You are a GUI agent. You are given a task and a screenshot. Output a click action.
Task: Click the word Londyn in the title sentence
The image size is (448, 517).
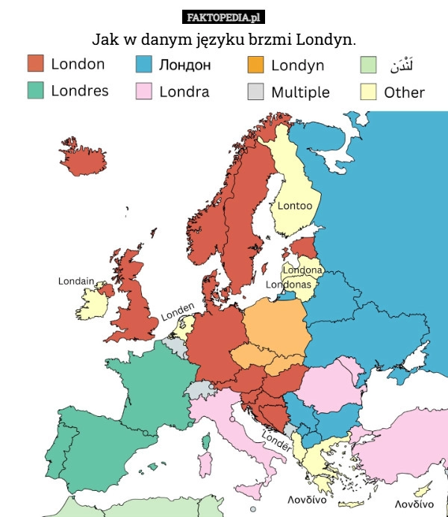pos(325,38)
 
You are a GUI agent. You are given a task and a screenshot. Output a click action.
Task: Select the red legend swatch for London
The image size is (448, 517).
pos(36,64)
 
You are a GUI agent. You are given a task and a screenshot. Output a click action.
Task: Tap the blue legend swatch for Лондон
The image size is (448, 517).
pos(144,64)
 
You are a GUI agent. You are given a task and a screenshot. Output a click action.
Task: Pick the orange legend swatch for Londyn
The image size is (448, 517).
pos(255,64)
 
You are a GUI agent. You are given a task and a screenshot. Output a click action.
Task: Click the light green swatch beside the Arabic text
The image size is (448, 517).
pos(368,64)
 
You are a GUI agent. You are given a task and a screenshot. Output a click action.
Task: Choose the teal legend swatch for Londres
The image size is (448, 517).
pos(36,90)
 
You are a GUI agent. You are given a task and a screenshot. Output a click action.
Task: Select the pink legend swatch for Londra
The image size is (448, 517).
pos(144,91)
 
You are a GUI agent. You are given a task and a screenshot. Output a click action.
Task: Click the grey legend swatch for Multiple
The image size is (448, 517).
pos(255,91)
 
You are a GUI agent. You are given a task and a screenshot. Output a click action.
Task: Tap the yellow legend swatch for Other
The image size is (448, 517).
pos(368,91)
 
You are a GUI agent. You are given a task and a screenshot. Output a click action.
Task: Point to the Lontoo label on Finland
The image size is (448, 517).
pos(295,205)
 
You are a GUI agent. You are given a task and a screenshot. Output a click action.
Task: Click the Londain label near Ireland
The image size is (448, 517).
pos(76,281)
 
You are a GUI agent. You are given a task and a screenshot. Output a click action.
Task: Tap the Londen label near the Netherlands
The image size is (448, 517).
pos(178,311)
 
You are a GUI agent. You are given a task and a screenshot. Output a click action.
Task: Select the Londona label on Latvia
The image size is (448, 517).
pos(302,270)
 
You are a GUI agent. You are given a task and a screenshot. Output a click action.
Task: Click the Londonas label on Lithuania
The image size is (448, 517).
pos(289,285)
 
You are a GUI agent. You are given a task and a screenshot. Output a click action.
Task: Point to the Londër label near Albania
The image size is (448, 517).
pos(276,442)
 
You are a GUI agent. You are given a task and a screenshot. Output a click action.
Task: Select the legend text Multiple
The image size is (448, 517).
pos(300,92)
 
